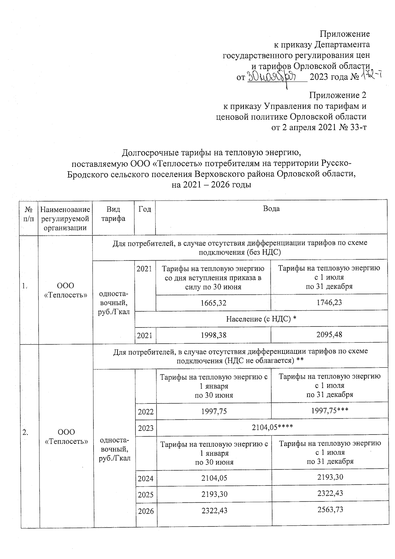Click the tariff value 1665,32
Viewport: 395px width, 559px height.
click(x=213, y=302)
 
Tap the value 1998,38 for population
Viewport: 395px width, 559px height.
click(x=213, y=335)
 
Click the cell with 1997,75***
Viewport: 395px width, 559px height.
click(x=329, y=411)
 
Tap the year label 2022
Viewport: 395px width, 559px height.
click(x=145, y=412)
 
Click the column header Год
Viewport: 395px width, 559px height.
click(x=145, y=209)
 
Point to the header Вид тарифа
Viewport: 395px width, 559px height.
click(x=113, y=214)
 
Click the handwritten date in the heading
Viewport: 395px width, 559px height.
click(x=272, y=77)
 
